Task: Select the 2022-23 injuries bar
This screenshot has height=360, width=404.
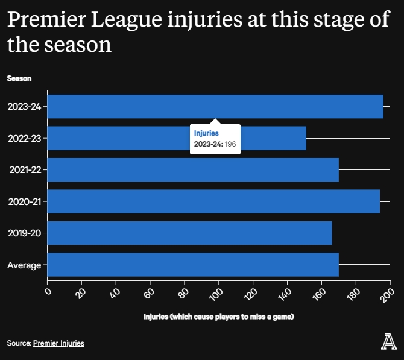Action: coord(121,138)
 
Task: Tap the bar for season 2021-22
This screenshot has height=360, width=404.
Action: coord(193,170)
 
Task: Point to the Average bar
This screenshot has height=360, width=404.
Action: coord(193,265)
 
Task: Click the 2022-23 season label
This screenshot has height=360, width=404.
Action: coord(24,138)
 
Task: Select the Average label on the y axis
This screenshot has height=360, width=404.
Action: coord(24,265)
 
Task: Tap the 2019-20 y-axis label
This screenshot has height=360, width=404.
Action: coord(24,233)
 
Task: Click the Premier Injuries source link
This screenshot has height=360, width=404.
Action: coord(58,343)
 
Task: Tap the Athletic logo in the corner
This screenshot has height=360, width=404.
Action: coord(389,342)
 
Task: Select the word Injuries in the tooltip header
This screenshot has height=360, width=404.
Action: coord(206,133)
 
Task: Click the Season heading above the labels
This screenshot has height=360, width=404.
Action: coord(19,78)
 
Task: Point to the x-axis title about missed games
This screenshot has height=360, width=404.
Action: coord(218,317)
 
